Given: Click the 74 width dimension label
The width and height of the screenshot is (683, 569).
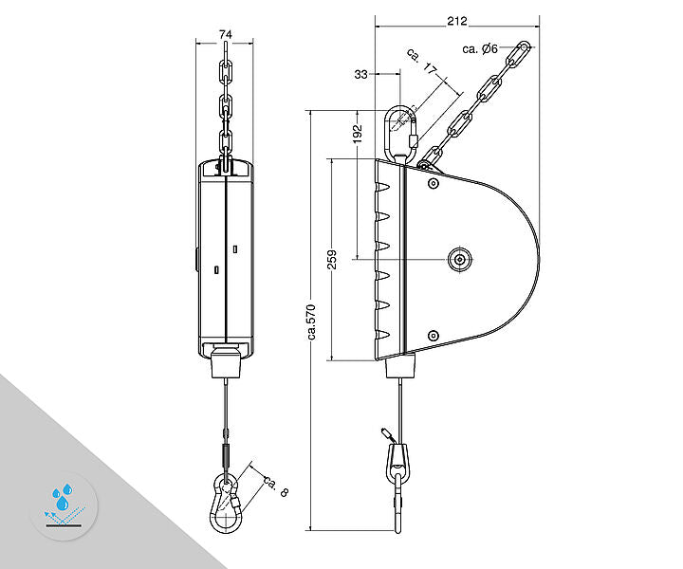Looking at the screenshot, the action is pyautogui.click(x=225, y=34).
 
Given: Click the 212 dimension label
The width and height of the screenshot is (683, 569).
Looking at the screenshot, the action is pyautogui.click(x=457, y=21).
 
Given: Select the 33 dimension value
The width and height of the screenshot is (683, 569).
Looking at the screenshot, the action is pyautogui.click(x=360, y=75).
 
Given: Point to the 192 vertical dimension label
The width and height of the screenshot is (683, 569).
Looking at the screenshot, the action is pyautogui.click(x=358, y=134).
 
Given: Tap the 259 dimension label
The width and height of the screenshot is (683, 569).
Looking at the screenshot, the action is pyautogui.click(x=332, y=260).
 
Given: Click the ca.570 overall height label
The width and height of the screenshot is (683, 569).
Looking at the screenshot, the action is pyautogui.click(x=312, y=322).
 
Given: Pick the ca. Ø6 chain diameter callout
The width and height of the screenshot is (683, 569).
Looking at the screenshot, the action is pyautogui.click(x=480, y=48).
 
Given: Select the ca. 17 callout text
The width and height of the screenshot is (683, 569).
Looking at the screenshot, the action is pyautogui.click(x=421, y=61).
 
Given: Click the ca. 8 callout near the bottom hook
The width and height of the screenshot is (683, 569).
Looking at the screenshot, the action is pyautogui.click(x=276, y=486).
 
